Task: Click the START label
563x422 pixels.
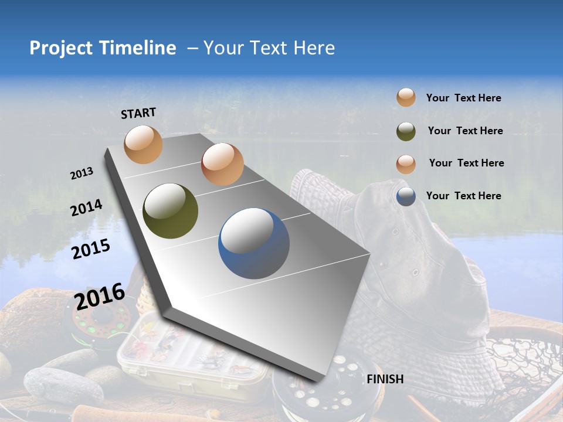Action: coord(138,113)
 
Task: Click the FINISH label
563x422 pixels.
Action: coord(385,379)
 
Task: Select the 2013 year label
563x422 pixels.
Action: coord(82,173)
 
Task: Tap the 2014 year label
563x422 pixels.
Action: coord(86,207)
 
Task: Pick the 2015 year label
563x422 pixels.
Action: coord(91,249)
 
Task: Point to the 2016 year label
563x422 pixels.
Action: coord(100,296)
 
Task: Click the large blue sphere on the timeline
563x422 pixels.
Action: coord(254,243)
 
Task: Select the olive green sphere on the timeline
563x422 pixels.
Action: coord(170,211)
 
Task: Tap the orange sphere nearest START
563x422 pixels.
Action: coord(143,144)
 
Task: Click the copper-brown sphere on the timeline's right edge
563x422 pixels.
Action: coord(222,164)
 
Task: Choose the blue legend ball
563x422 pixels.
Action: coord(406,196)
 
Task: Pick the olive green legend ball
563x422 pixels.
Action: coord(406,131)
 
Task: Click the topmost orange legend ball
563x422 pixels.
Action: coord(406,97)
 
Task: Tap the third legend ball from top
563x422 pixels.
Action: coord(406,164)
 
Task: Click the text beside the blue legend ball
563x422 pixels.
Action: coord(463,196)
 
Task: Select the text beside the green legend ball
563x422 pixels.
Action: coord(465,131)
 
